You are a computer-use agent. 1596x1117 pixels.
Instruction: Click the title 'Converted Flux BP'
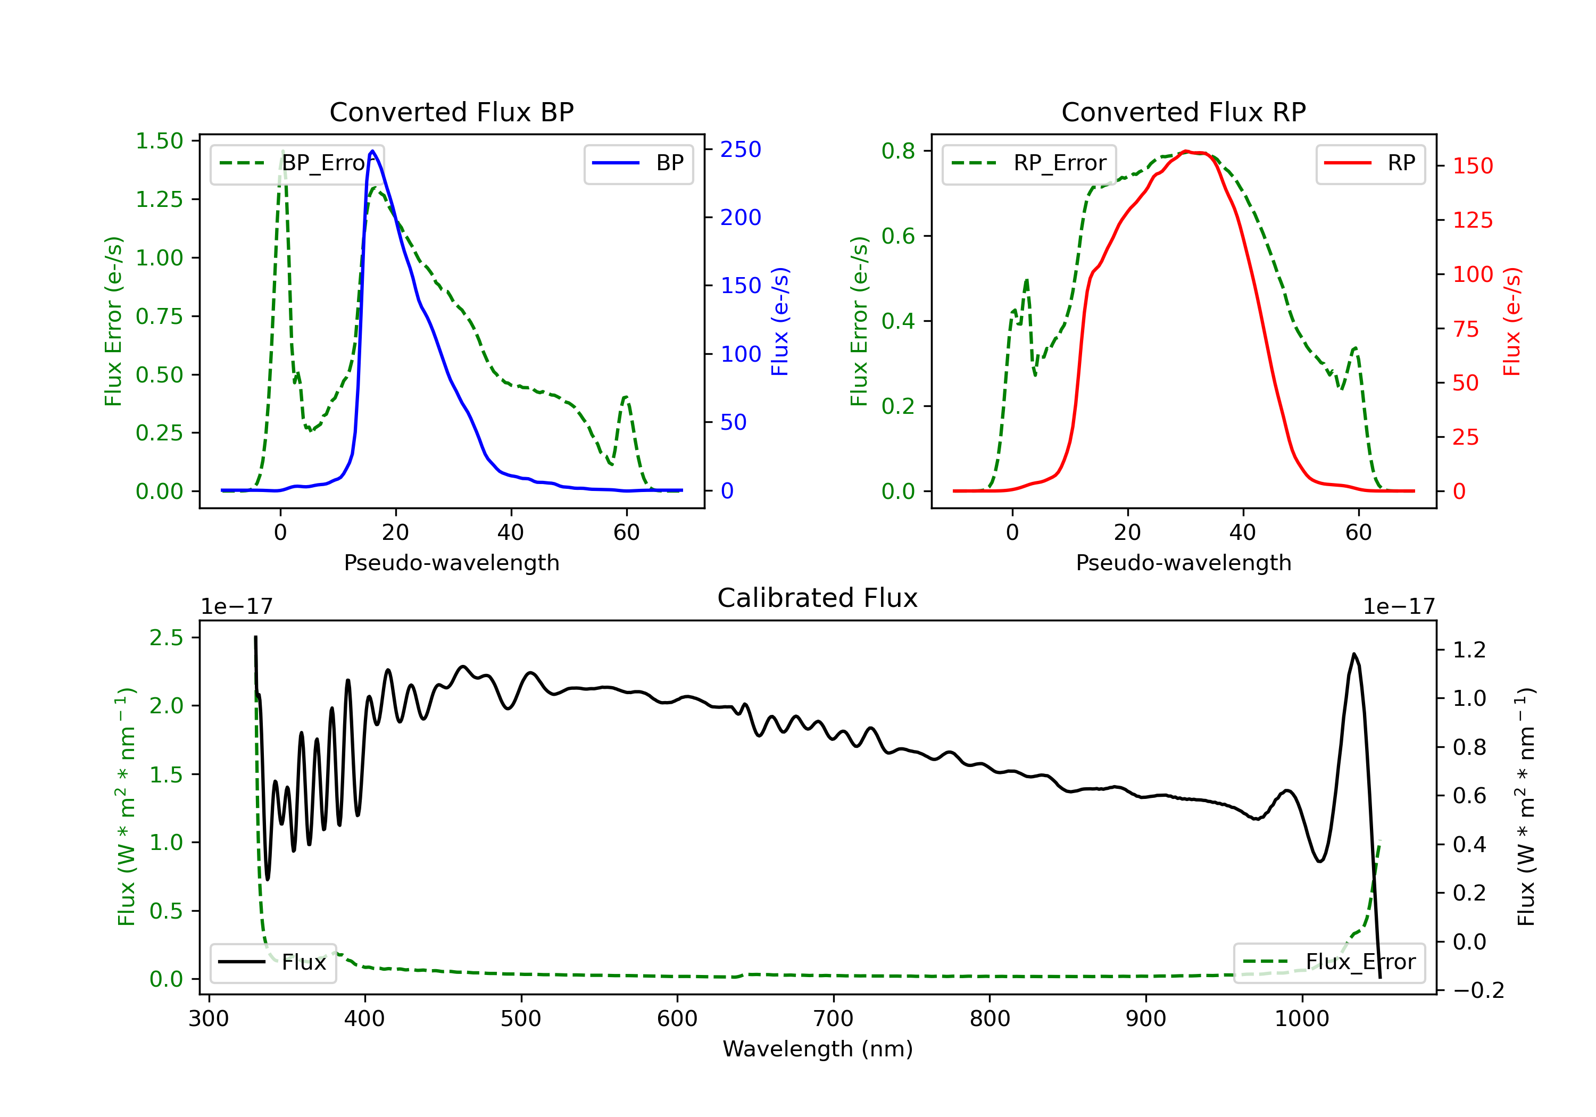point(451,112)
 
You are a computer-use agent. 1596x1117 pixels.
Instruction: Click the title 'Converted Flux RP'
point(1183,112)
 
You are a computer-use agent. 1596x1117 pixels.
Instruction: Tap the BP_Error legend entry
point(297,163)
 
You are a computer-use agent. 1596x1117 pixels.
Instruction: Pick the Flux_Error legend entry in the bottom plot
point(1329,962)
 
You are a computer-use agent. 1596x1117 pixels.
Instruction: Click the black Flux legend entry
point(272,962)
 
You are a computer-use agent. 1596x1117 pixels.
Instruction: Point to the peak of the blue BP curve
point(372,151)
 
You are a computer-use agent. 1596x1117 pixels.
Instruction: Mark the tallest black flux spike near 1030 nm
point(1353,654)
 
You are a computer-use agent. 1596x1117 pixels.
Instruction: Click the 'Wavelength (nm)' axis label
point(818,1049)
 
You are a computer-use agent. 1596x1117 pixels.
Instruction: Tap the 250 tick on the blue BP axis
point(741,149)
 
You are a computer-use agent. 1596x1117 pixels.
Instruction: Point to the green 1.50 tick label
point(159,141)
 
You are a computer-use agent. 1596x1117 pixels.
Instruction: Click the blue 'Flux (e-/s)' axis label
point(780,322)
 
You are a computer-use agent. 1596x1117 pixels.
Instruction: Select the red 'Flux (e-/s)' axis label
point(1512,322)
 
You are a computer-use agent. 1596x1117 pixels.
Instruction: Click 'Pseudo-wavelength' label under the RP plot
point(1183,562)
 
